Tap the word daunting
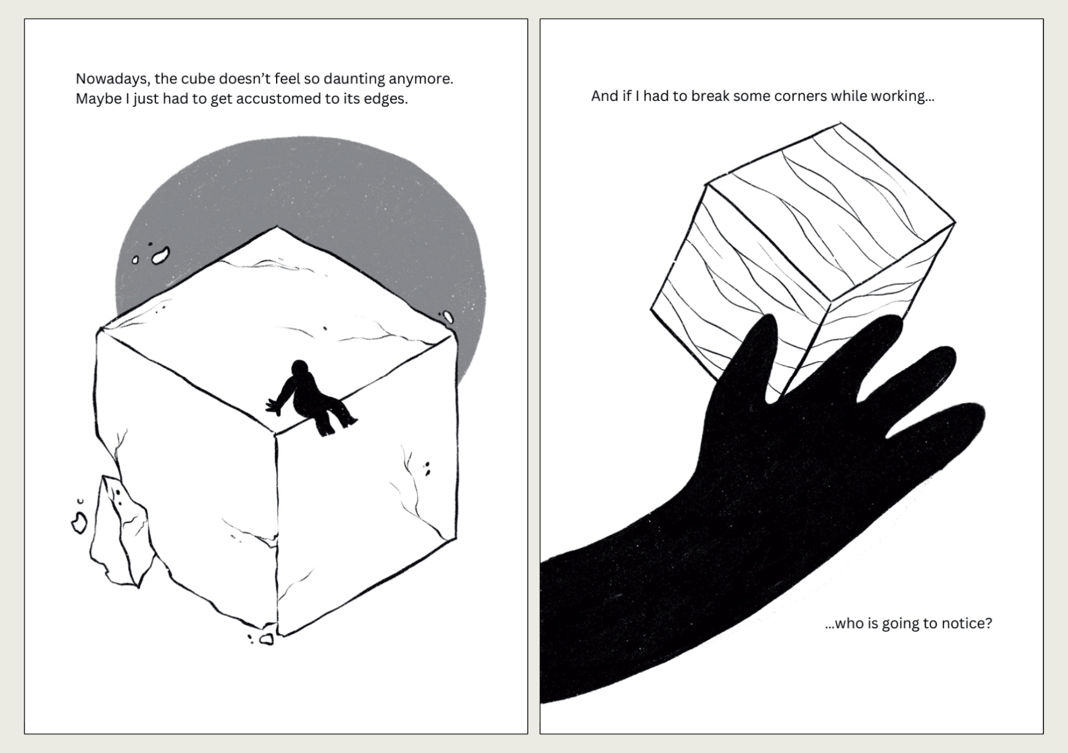[354, 79]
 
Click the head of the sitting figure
[300, 369]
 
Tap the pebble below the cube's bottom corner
[266, 639]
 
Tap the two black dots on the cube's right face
[427, 468]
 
